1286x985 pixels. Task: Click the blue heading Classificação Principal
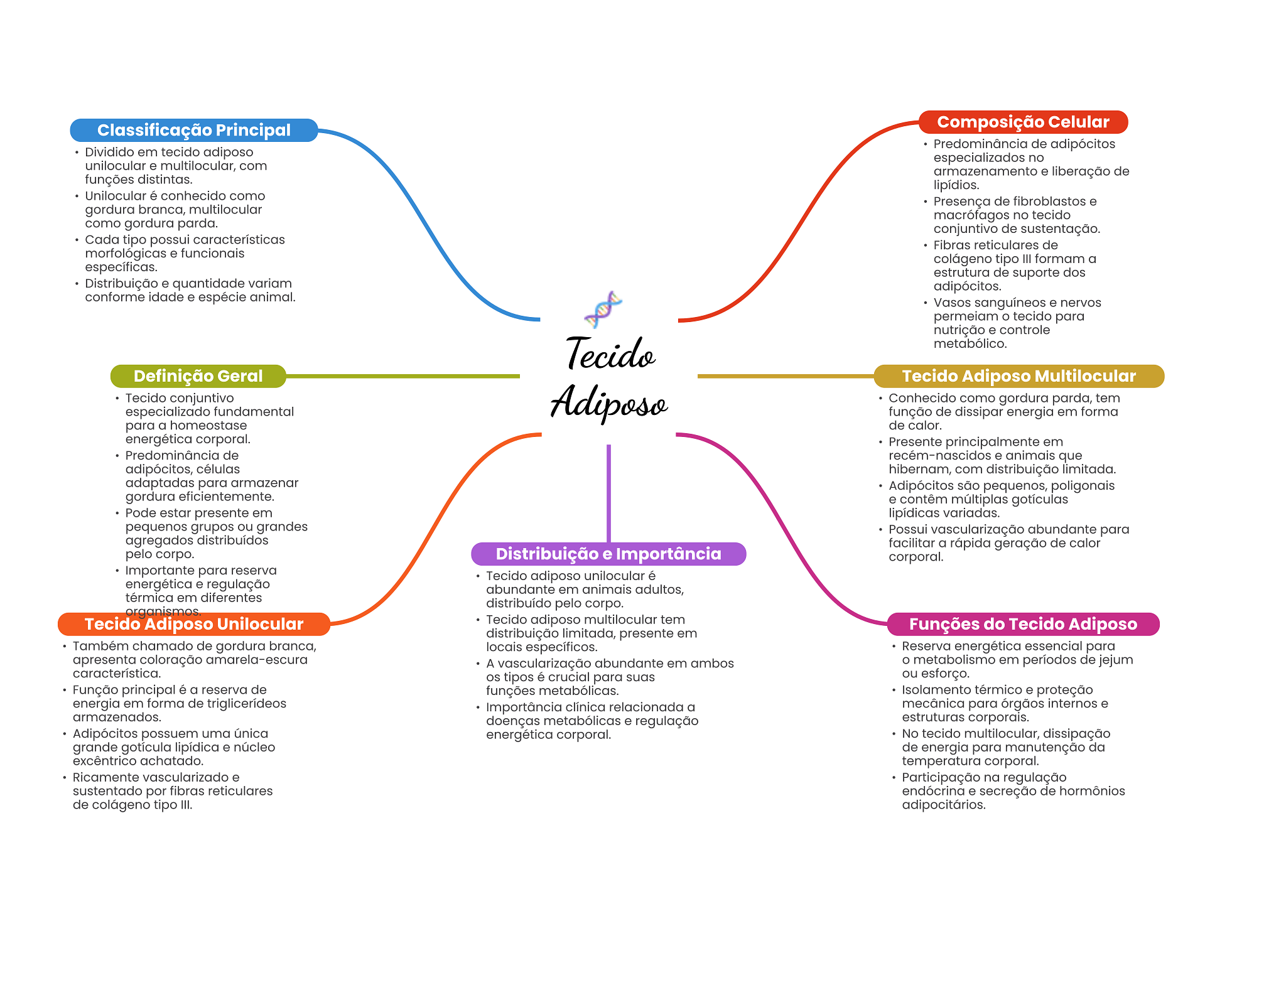pyautogui.click(x=193, y=130)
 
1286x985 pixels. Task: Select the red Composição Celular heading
pyautogui.click(x=1023, y=122)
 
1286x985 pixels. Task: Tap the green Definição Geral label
pyautogui.click(x=198, y=376)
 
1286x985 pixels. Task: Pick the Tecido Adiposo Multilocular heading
pyautogui.click(x=1019, y=376)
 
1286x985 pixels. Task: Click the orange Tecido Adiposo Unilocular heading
pyautogui.click(x=193, y=624)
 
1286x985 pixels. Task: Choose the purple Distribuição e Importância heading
pyautogui.click(x=608, y=554)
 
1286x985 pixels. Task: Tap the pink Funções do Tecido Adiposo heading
pyautogui.click(x=1023, y=624)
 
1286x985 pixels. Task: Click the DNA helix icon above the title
pyautogui.click(x=603, y=309)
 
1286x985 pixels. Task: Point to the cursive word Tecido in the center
pyautogui.click(x=610, y=353)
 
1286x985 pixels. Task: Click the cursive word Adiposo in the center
pyautogui.click(x=609, y=402)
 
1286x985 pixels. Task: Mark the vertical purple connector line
pyautogui.click(x=608, y=493)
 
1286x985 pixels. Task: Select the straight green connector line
pyautogui.click(x=402, y=376)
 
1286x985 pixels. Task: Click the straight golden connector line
pyautogui.click(x=785, y=376)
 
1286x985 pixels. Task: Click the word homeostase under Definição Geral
pyautogui.click(x=208, y=426)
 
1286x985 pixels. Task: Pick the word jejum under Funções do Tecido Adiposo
pyautogui.click(x=1115, y=660)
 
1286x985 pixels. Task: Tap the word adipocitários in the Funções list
pyautogui.click(x=943, y=805)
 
